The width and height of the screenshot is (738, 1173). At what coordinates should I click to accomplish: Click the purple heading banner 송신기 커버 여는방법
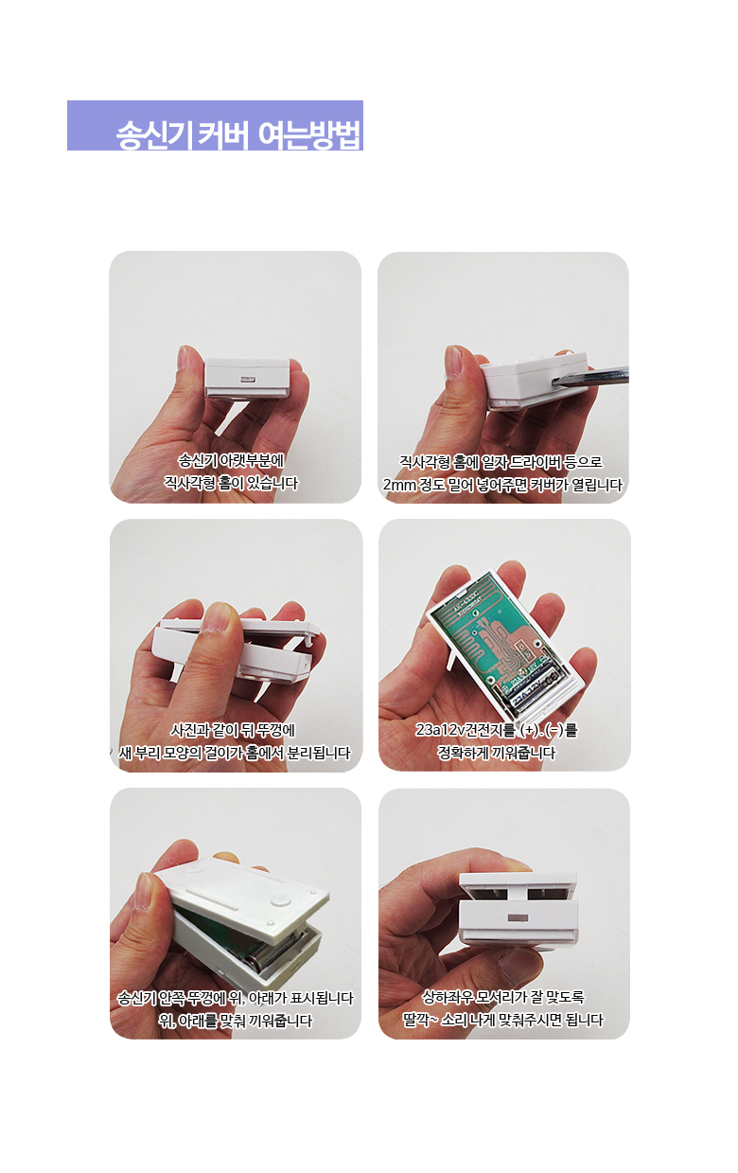click(x=215, y=126)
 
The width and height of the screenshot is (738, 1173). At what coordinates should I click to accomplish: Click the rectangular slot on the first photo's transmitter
click(x=246, y=379)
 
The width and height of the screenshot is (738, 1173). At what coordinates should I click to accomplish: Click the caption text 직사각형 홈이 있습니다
click(x=232, y=483)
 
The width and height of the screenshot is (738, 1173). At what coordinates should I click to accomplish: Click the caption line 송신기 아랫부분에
click(x=231, y=460)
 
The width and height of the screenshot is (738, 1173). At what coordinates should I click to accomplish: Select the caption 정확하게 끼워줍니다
click(x=496, y=753)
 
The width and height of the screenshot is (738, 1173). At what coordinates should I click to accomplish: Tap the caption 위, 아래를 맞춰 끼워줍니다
click(x=236, y=1021)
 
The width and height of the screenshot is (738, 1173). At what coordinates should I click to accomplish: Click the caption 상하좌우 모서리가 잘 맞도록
click(x=503, y=997)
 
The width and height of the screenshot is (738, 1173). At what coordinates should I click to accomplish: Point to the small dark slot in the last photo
click(x=518, y=917)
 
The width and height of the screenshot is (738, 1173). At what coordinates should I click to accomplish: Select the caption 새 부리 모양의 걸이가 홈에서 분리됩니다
click(x=235, y=753)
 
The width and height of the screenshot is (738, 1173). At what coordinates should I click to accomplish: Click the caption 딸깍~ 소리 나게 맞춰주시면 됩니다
click(x=503, y=1020)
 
